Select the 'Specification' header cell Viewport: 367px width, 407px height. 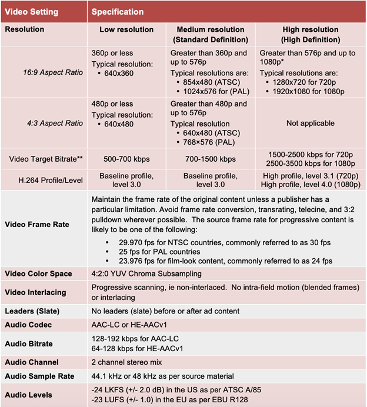point(118,11)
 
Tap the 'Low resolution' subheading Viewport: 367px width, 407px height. point(126,29)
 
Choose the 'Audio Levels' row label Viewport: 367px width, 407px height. point(30,394)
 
